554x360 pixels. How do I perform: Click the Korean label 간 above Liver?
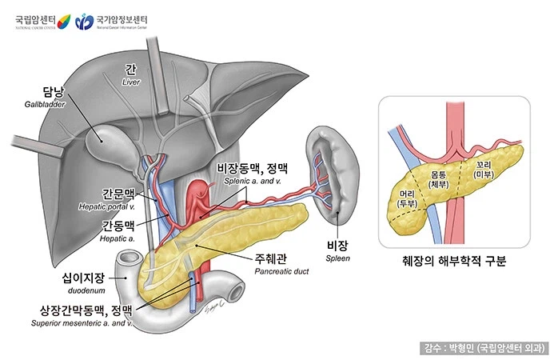(x=130, y=69)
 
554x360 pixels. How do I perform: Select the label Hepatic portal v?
(x=108, y=206)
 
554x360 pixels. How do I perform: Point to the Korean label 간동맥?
(x=118, y=225)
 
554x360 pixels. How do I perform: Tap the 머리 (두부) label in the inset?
(x=409, y=198)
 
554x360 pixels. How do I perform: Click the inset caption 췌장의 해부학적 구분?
(x=454, y=261)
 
